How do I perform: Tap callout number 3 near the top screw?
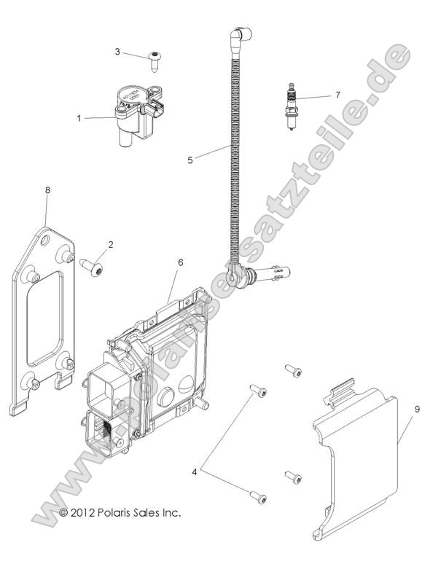[x=117, y=52]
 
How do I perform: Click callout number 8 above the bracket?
[x=47, y=190]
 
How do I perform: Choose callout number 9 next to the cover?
[x=417, y=410]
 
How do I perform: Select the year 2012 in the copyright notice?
[x=85, y=513]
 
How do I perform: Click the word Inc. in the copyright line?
[x=171, y=513]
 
